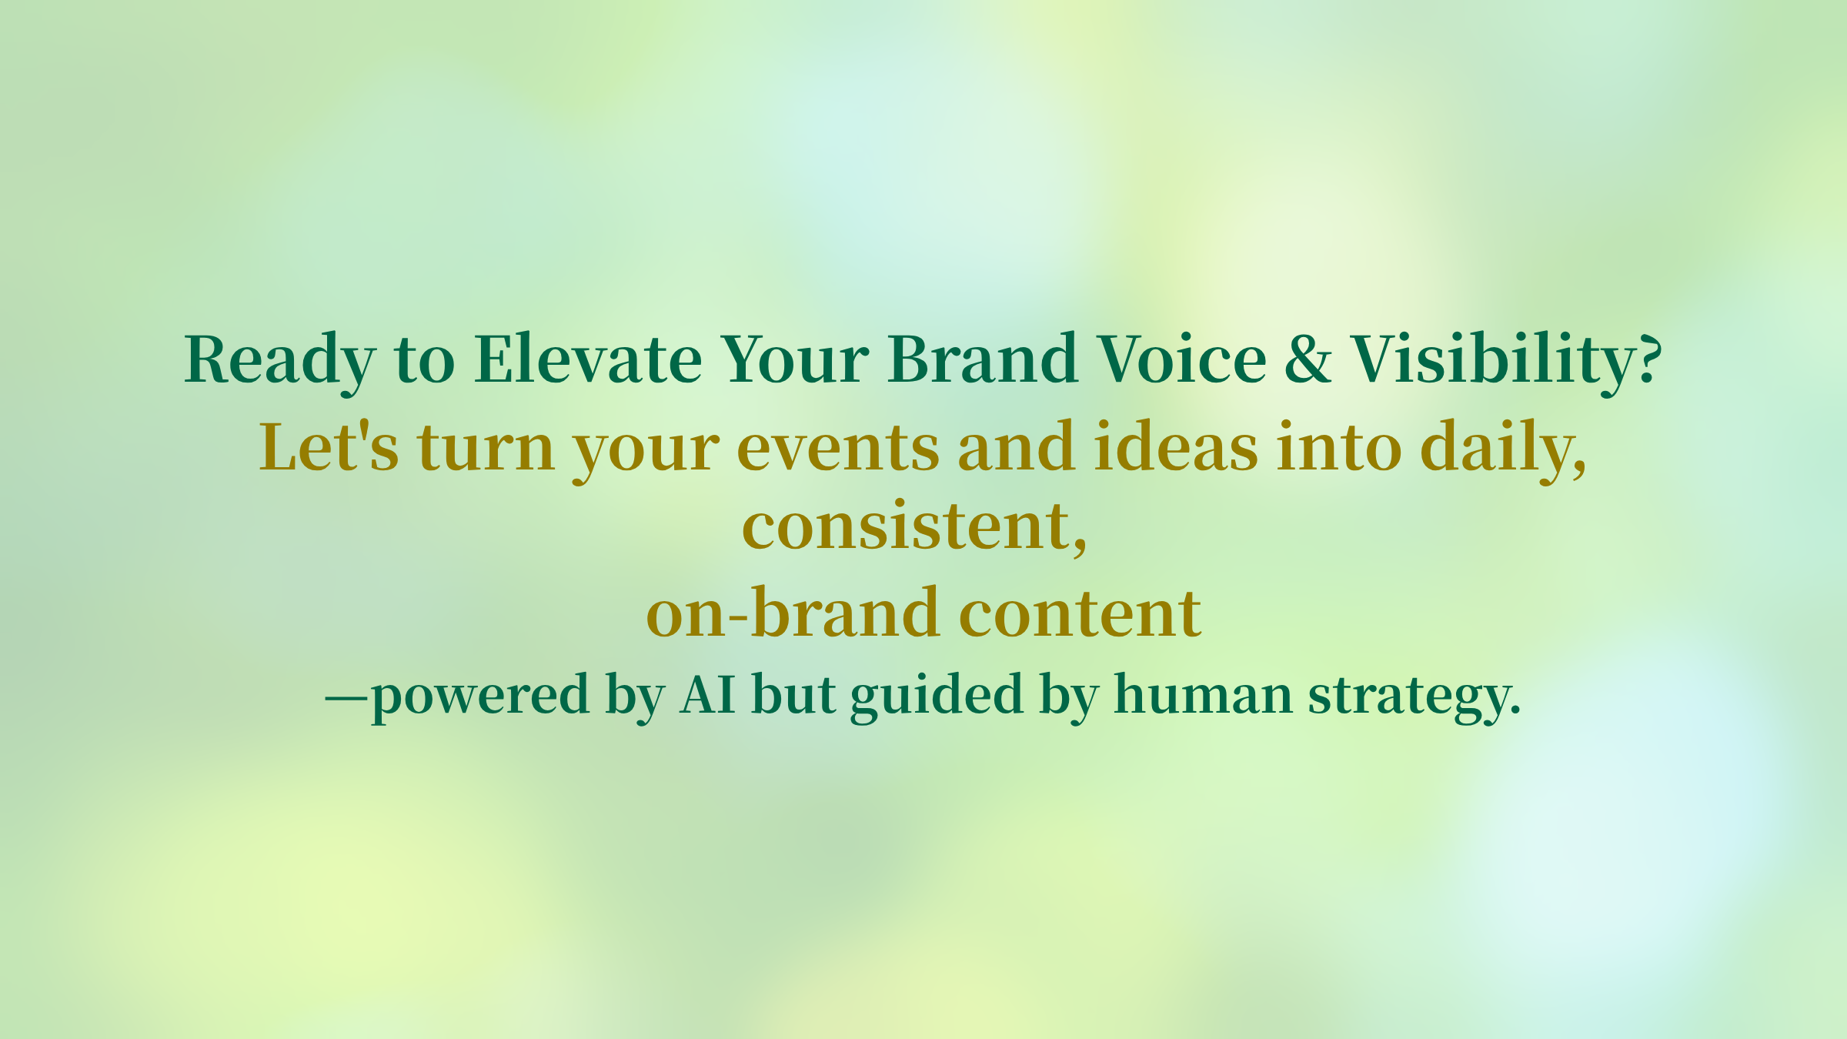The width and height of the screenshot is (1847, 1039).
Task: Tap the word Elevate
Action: pos(588,359)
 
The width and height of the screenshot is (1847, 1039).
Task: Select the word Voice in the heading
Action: pos(1182,359)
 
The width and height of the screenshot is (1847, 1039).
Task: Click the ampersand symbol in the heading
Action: pos(1308,359)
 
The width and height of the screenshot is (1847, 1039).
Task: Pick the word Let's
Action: pos(329,446)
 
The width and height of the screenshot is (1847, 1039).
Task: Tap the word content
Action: pos(1080,613)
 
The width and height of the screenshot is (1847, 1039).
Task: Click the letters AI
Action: pos(708,694)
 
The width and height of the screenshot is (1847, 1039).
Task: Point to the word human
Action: pos(1203,694)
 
